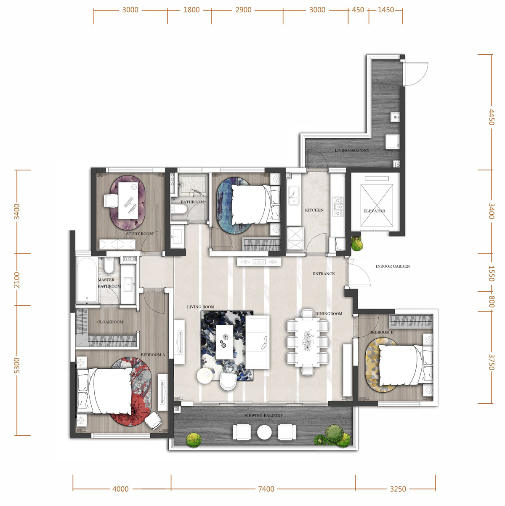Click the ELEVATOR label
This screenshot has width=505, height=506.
coord(374,211)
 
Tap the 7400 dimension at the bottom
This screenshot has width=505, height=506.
coord(266,489)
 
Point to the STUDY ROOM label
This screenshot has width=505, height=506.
coord(139,234)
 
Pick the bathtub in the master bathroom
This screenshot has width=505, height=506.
coord(87,281)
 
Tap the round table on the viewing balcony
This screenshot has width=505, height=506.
coord(264,432)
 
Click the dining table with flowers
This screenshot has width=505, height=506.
coord(307,342)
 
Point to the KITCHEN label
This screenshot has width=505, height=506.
coord(314,210)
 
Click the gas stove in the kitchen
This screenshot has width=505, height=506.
coord(338,207)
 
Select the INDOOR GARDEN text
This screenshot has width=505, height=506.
coord(393,266)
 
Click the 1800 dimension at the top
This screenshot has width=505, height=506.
coord(191,10)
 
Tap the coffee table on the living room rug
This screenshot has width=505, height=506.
coord(225,342)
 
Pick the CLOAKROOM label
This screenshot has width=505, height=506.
coord(110,322)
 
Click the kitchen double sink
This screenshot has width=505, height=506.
coord(294,196)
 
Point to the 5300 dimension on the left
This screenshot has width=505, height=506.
coord(16,365)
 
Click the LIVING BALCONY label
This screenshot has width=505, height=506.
coord(352,150)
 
